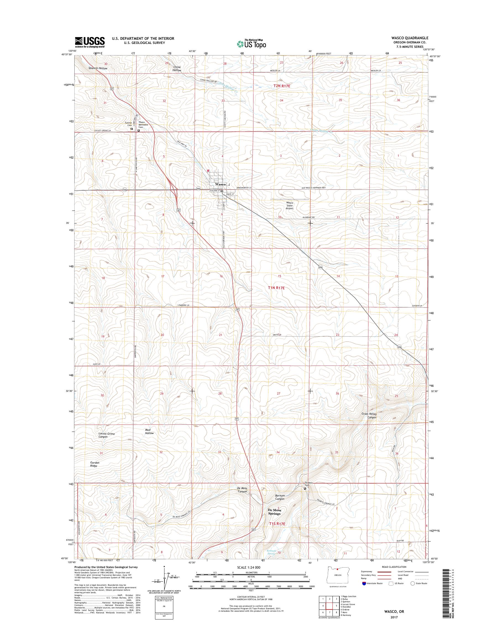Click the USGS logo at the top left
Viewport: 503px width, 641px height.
click(90, 42)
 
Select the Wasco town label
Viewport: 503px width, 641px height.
click(220, 184)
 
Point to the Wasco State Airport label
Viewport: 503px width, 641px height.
click(289, 206)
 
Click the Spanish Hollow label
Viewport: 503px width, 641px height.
click(98, 68)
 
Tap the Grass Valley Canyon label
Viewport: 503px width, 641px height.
click(369, 416)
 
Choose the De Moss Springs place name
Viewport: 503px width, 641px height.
click(274, 512)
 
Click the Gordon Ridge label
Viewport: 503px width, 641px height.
click(95, 464)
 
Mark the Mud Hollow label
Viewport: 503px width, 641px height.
click(149, 431)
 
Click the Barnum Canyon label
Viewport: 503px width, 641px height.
click(279, 497)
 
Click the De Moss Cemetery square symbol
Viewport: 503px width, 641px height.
click(305, 488)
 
